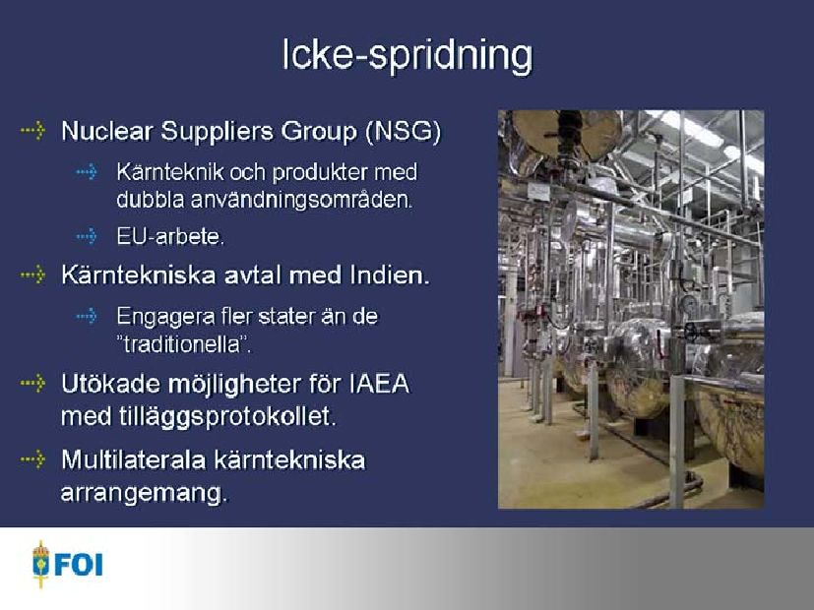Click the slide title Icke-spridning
407,55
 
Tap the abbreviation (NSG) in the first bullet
404,131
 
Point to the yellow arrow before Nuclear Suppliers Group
32,130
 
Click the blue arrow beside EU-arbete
87,236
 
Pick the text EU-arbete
170,236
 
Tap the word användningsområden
301,200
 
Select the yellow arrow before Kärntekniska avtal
32,274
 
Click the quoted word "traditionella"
184,345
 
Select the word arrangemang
145,493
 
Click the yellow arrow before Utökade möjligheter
32,384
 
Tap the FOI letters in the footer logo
79,565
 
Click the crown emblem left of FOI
40,564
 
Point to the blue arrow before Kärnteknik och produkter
87,171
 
